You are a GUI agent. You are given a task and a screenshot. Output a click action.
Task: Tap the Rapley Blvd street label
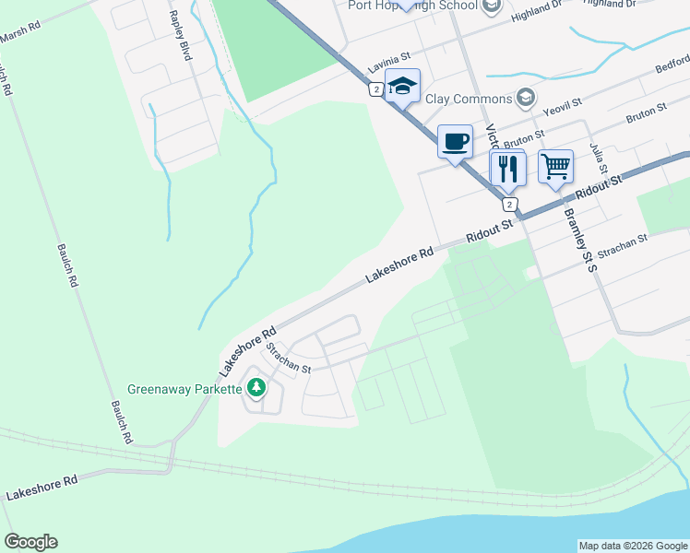click(179, 37)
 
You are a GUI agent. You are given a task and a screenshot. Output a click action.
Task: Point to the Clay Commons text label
click(468, 99)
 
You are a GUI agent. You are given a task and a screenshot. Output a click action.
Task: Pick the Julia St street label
click(600, 159)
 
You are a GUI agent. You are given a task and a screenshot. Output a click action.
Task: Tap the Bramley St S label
click(580, 239)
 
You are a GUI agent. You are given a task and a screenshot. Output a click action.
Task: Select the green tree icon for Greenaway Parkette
click(256, 388)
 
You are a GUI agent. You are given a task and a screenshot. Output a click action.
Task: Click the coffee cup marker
click(455, 142)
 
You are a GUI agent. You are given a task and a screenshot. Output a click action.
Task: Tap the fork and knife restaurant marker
click(507, 168)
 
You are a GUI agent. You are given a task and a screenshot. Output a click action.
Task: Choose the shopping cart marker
click(555, 167)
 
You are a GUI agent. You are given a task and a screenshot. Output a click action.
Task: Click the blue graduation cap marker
click(402, 87)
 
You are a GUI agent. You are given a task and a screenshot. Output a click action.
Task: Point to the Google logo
click(30, 542)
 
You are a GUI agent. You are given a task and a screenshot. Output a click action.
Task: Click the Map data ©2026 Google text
click(634, 546)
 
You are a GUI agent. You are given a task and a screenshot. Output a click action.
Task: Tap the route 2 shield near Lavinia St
click(375, 89)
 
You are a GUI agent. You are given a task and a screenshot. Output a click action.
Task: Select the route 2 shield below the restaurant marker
click(510, 205)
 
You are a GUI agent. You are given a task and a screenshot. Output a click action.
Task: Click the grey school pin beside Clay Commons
click(525, 98)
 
